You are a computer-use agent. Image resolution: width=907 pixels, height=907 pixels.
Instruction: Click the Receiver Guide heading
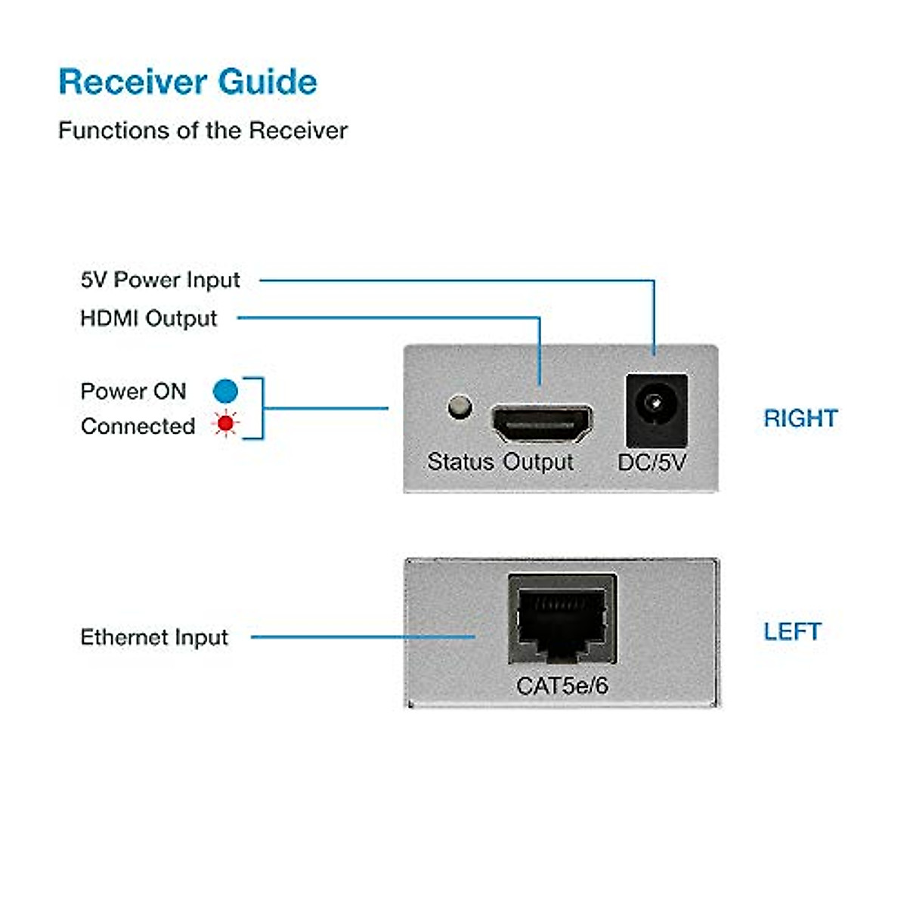[x=187, y=82]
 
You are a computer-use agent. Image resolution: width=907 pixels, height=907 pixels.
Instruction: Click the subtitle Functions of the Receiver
[x=203, y=130]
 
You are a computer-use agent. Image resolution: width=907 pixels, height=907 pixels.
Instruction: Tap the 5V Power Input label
[x=160, y=280]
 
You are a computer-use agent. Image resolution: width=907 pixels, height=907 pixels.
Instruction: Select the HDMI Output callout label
[x=149, y=318]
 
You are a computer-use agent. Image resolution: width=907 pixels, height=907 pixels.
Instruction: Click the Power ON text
[x=133, y=391]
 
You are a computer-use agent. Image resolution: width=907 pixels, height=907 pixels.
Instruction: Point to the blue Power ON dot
[x=225, y=391]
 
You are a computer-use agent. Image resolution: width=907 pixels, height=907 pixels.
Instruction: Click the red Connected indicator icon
[x=224, y=423]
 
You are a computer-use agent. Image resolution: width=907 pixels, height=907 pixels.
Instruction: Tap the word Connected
[x=138, y=426]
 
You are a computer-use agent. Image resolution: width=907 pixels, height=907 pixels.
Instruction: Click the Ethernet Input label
[x=154, y=637]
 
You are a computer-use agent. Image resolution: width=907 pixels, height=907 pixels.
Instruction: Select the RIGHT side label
[x=800, y=418]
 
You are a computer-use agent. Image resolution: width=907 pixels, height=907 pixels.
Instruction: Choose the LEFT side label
[x=791, y=631]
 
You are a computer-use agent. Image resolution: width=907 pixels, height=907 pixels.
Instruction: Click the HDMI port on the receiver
[x=542, y=424]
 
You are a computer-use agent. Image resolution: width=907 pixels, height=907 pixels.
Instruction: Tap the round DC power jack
[x=656, y=408]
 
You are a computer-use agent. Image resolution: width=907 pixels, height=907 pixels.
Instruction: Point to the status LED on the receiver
[x=460, y=407]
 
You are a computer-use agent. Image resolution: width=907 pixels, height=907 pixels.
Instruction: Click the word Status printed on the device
[x=460, y=461]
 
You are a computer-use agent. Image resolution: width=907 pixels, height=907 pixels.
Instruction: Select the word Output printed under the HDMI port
[x=538, y=461]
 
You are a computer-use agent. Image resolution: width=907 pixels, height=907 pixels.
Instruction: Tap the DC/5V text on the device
[x=652, y=462]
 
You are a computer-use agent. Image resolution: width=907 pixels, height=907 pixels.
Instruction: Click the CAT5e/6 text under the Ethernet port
[x=562, y=686]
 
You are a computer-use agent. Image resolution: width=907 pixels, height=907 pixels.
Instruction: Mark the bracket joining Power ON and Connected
[x=262, y=408]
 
